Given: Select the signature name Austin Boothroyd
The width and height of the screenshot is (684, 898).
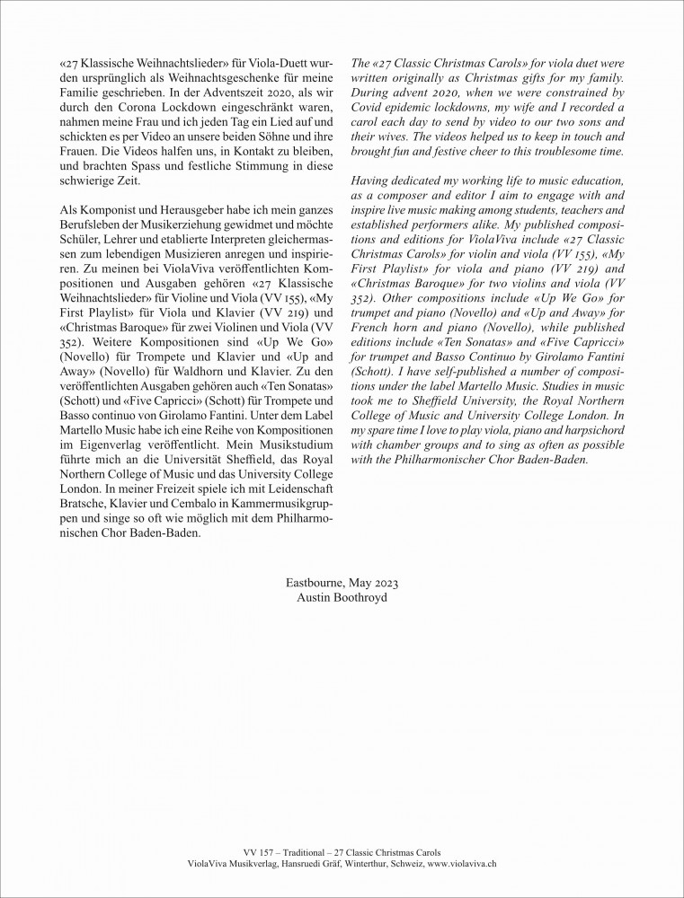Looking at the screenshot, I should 342,598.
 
